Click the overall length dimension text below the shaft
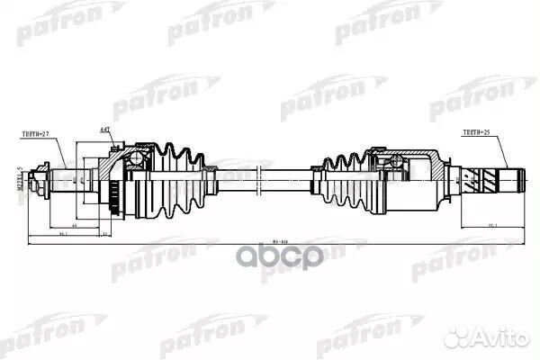point(266,240)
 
